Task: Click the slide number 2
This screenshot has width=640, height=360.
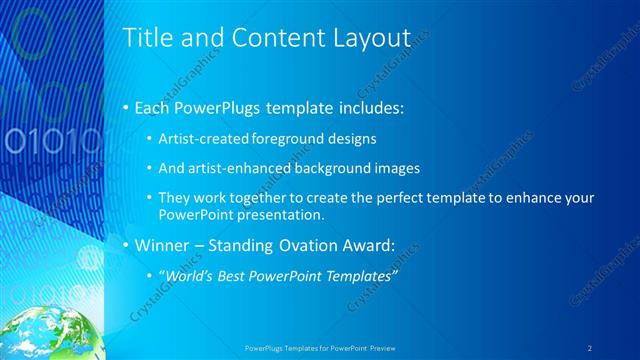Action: coord(591,347)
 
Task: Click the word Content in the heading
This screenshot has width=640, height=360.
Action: coord(269,38)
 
